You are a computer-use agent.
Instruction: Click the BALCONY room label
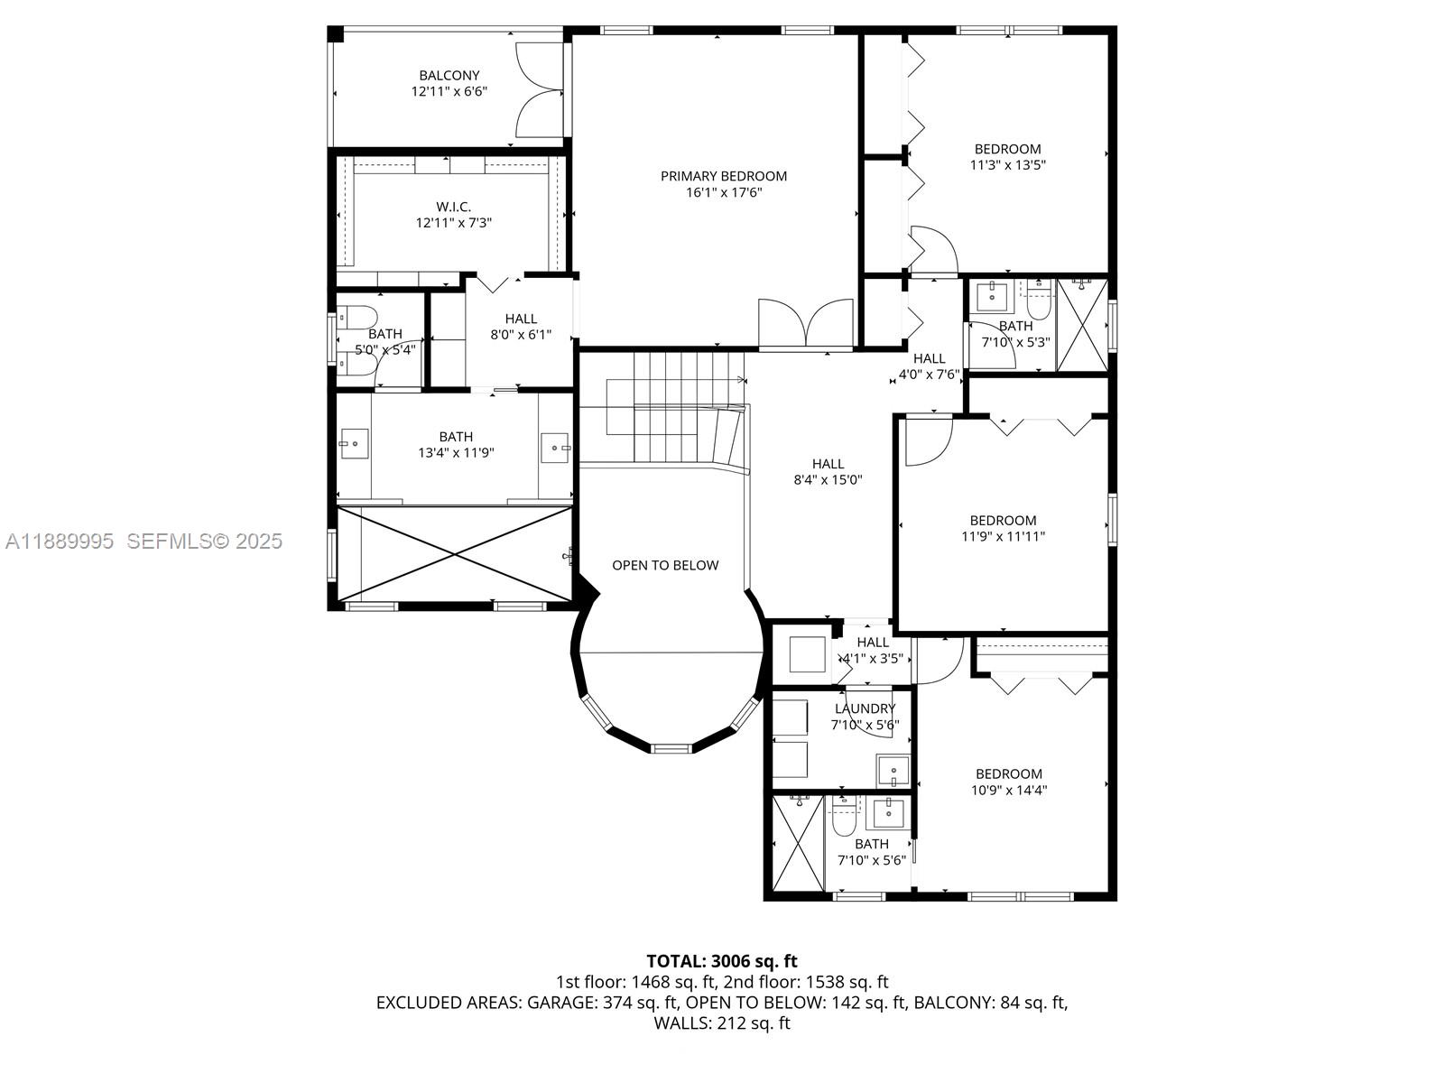449,76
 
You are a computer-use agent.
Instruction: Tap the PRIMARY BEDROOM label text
724,176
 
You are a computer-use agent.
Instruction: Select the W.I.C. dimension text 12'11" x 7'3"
453,223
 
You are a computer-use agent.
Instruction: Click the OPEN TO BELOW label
665,566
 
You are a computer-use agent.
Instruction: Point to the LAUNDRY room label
865,709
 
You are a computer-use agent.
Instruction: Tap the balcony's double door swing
539,88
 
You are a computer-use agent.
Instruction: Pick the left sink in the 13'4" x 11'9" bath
353,444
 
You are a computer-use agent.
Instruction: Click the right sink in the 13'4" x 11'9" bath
555,448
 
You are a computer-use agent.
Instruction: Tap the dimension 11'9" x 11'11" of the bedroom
1003,537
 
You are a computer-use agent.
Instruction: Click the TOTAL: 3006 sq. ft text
721,961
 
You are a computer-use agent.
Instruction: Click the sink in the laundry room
893,772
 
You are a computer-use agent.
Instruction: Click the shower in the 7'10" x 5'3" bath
1082,325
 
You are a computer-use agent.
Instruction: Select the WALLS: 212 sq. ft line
721,1023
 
